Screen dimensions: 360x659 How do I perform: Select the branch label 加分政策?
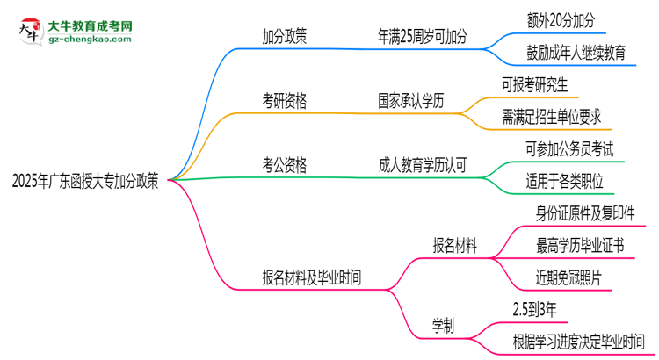285,37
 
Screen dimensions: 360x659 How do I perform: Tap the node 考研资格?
285,101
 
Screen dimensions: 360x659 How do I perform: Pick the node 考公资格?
285,164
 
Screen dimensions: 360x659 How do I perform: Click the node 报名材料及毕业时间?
311,278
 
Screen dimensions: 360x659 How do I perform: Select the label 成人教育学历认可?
422,164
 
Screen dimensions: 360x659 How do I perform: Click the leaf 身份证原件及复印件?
585,213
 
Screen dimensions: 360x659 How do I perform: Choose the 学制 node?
444,325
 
